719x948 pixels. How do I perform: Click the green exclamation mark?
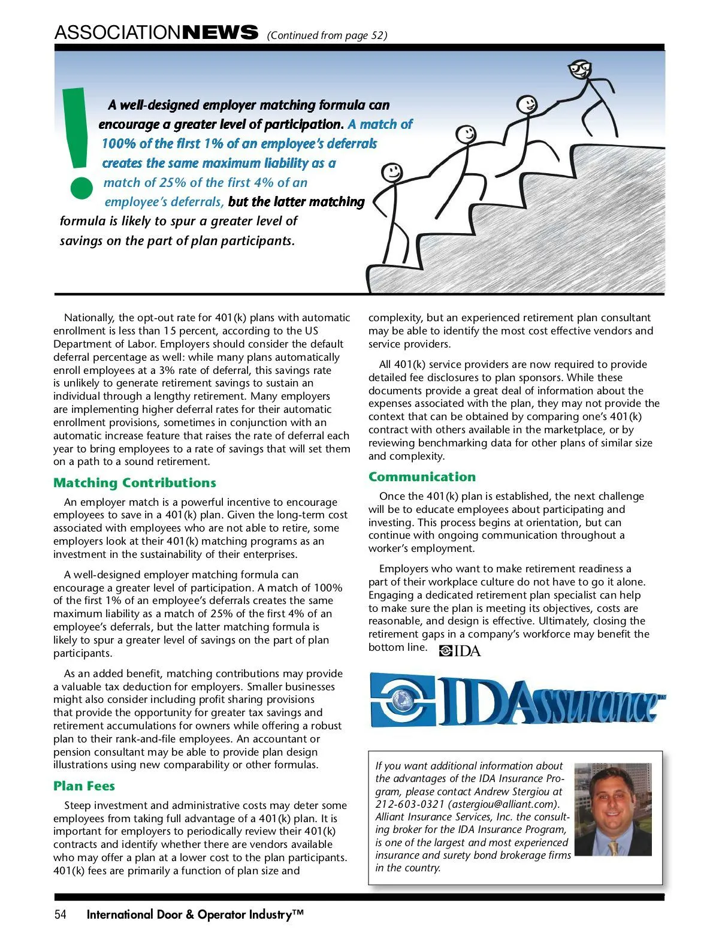point(79,144)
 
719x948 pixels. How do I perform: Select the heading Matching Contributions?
point(134,483)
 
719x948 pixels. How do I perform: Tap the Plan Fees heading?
point(84,786)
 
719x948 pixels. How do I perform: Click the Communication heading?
point(422,477)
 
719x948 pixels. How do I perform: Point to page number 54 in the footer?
point(60,914)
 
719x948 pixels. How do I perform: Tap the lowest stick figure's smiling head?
point(392,173)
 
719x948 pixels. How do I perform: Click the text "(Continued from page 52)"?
point(327,35)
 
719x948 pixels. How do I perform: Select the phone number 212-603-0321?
point(410,804)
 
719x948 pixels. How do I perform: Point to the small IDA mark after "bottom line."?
point(460,651)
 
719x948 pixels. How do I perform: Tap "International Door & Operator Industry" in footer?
point(195,914)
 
